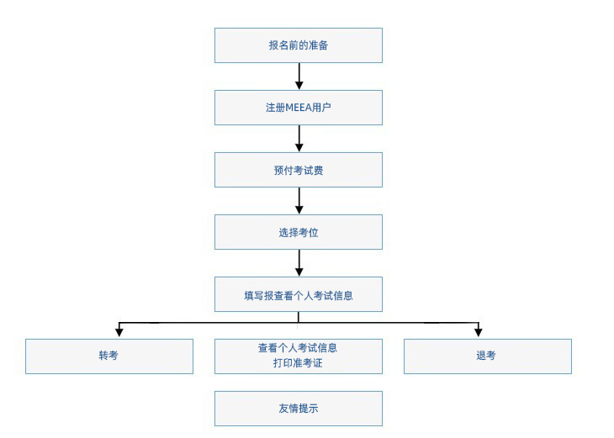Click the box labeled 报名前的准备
point(299,45)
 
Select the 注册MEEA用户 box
point(299,108)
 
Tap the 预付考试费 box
point(299,170)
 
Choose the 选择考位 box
point(299,232)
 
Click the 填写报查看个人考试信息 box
point(299,294)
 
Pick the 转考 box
point(109,356)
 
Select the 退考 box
point(488,356)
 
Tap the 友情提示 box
point(299,409)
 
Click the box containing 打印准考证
point(299,356)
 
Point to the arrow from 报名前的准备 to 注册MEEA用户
point(299,77)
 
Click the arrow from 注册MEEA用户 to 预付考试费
point(299,139)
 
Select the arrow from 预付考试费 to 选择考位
point(299,201)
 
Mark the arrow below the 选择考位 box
point(299,263)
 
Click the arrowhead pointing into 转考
point(119,333)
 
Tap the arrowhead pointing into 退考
point(478,333)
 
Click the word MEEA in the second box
point(299,108)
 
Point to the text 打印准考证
point(298,363)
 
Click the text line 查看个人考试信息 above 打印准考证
point(298,348)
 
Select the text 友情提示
point(299,409)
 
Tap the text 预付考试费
point(299,171)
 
